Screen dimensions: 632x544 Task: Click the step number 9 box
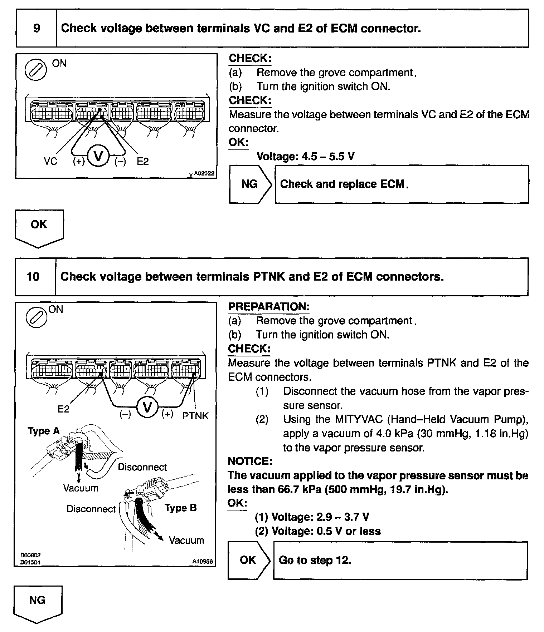[x=36, y=28]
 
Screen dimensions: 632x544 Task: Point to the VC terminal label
[x=50, y=162]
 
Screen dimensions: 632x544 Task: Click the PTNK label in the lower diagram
[x=195, y=416]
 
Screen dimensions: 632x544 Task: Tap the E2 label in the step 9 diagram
[x=142, y=162]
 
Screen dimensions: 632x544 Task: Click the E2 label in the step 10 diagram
[x=63, y=409]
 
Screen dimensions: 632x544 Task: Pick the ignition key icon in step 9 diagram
[x=35, y=70]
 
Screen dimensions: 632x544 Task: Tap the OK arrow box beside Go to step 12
[x=248, y=560]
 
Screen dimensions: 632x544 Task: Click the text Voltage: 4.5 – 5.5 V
[x=305, y=157]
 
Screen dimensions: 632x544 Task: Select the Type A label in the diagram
[x=44, y=431]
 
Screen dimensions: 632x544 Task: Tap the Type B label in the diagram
[x=181, y=508]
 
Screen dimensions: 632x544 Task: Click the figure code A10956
[x=203, y=562]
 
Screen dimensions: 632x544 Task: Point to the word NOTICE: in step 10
[x=250, y=461]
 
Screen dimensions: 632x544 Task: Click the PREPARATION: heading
[x=269, y=307]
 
